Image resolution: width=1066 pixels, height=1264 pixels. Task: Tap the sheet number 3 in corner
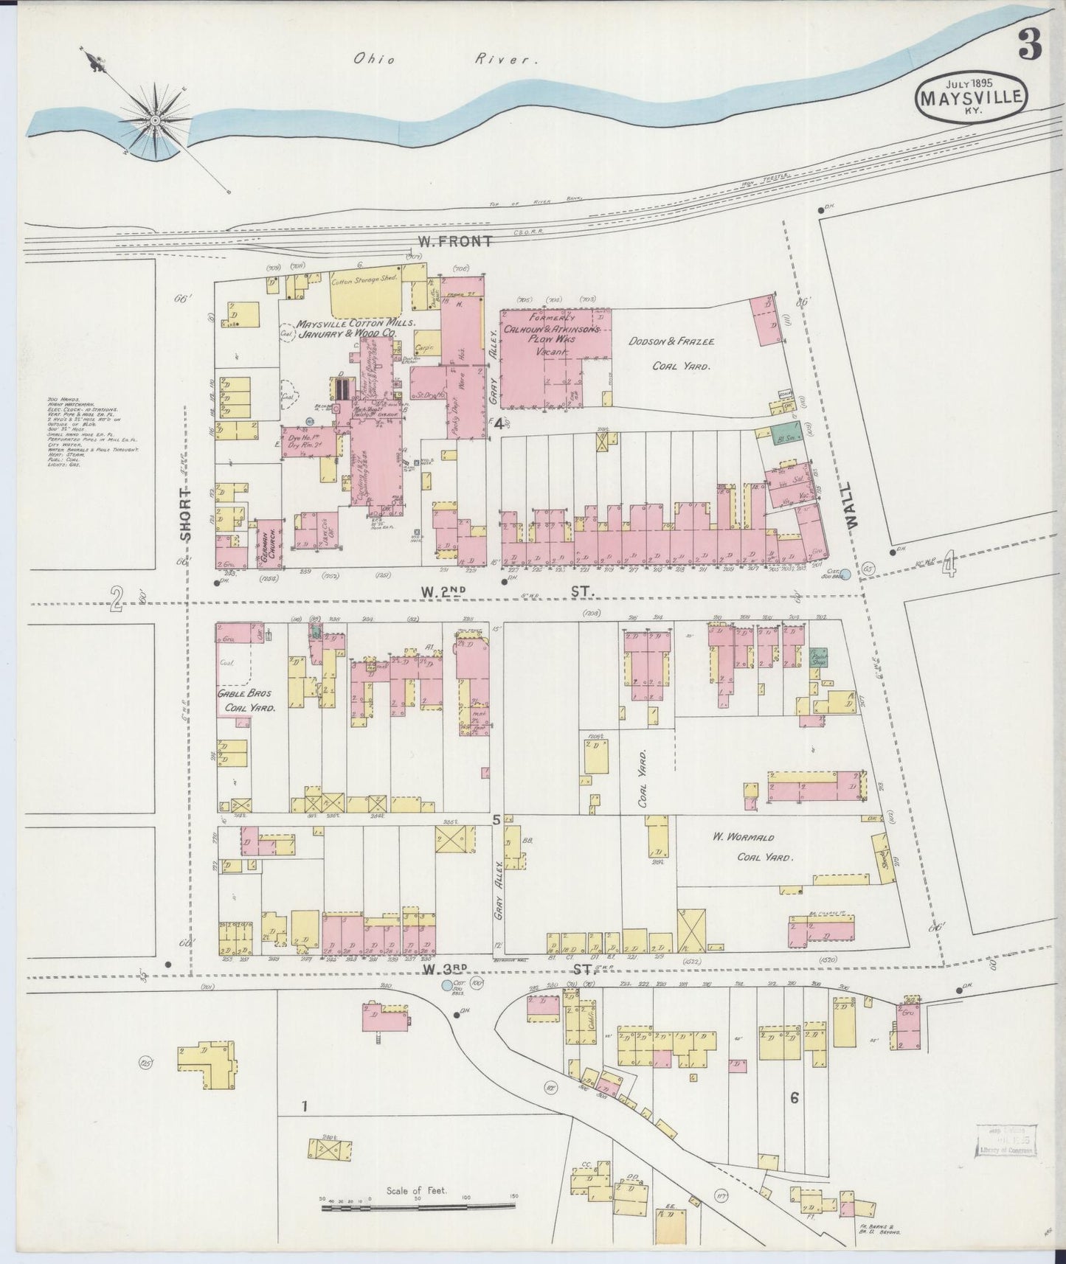pyautogui.click(x=1030, y=46)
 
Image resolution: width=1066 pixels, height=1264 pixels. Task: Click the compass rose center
pyautogui.click(x=156, y=119)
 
